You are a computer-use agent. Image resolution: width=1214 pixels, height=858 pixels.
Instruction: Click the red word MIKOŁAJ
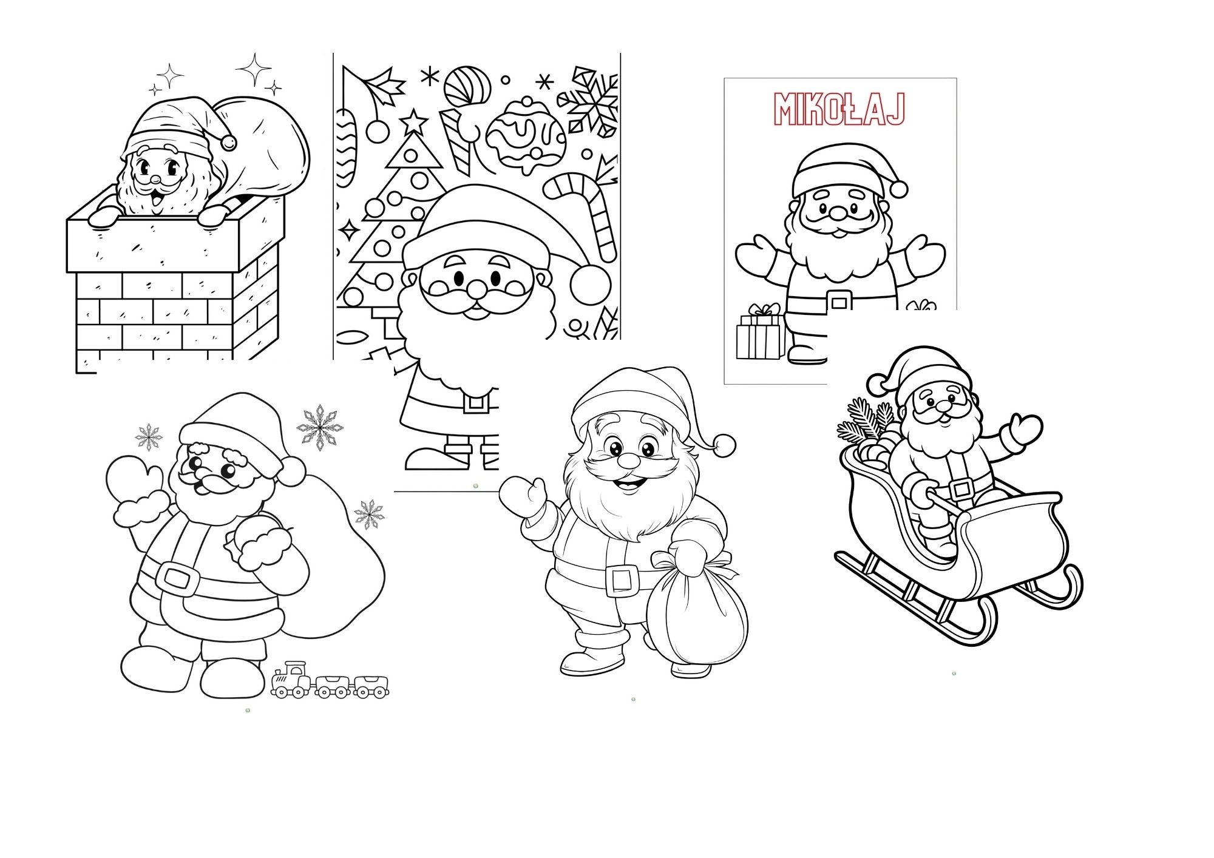(x=839, y=109)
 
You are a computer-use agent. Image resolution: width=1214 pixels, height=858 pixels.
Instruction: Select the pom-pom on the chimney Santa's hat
(x=228, y=143)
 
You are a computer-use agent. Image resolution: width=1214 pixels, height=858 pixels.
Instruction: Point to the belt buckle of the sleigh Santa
(x=961, y=487)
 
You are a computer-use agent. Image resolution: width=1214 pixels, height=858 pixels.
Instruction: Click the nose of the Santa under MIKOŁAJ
(x=838, y=212)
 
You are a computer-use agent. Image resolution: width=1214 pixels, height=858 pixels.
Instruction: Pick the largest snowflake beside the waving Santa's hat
(x=319, y=427)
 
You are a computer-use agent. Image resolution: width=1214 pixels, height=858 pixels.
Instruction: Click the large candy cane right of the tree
(x=581, y=212)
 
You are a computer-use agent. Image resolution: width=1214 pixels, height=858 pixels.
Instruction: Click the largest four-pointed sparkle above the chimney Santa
(x=254, y=69)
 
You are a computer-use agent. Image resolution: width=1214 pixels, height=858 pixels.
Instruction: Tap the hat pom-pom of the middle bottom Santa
(x=724, y=445)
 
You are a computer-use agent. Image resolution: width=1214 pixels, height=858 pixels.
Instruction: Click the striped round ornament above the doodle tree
(x=467, y=86)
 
